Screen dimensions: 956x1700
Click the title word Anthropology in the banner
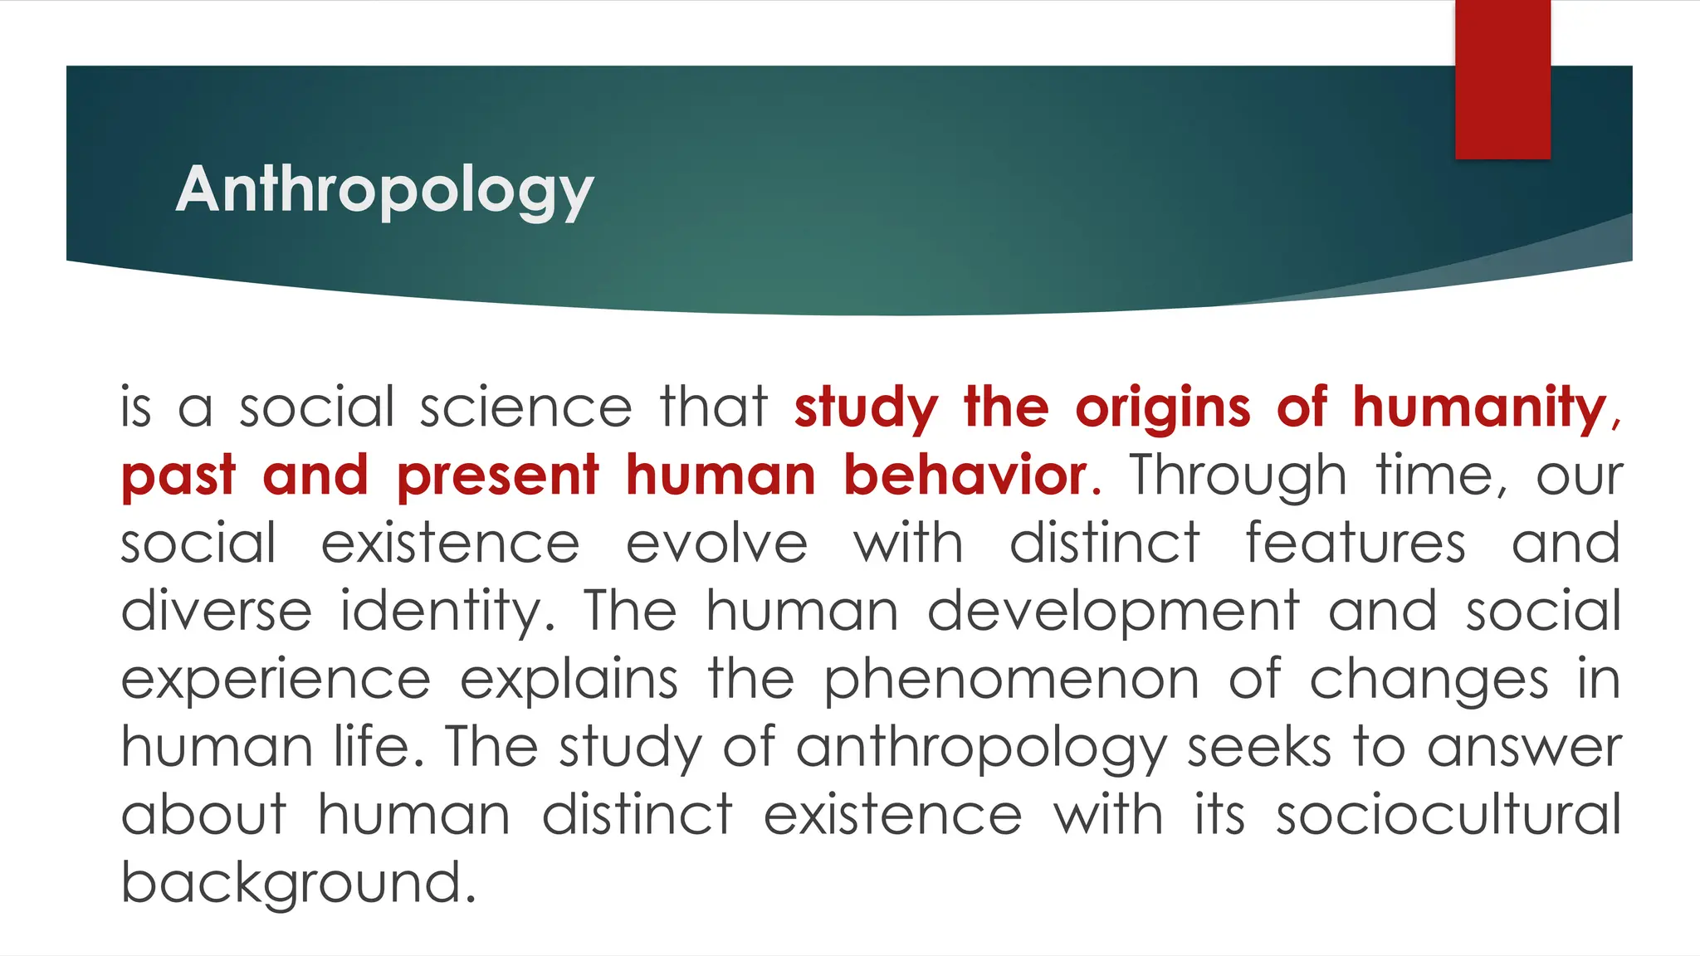tap(384, 190)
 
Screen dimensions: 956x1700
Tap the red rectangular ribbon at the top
tap(1502, 79)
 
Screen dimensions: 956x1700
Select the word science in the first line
tap(525, 407)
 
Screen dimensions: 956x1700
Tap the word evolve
tap(716, 544)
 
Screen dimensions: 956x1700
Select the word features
tap(1356, 544)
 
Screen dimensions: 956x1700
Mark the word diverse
tap(217, 612)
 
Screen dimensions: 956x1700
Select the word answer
tap(1524, 749)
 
